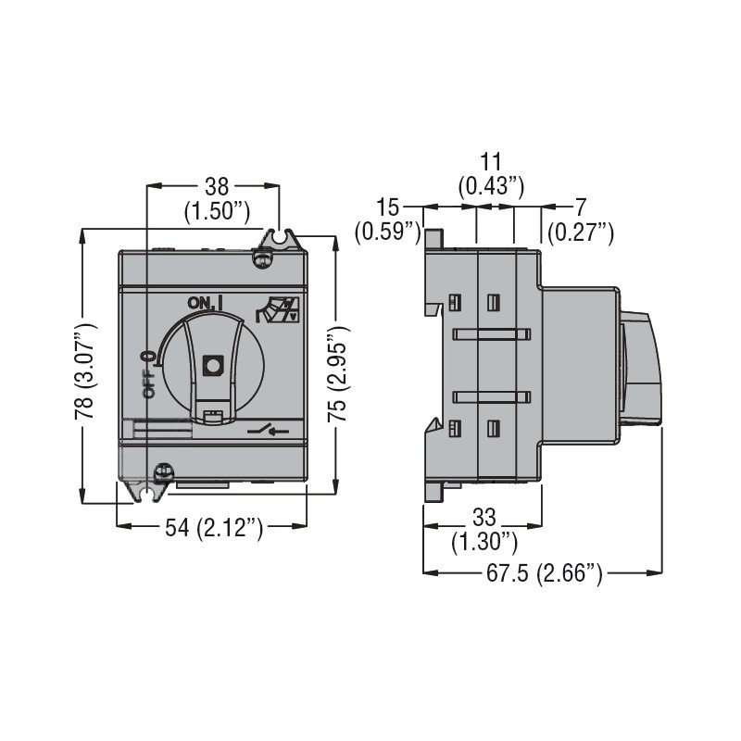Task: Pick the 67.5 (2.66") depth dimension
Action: click(x=543, y=574)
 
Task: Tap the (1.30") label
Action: click(x=484, y=540)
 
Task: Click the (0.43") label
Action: click(x=492, y=185)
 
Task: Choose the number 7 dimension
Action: click(x=580, y=206)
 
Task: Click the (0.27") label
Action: click(x=581, y=232)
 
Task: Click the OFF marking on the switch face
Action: click(x=148, y=375)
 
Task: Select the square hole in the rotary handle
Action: click(x=213, y=365)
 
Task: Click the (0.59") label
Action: click(x=388, y=232)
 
